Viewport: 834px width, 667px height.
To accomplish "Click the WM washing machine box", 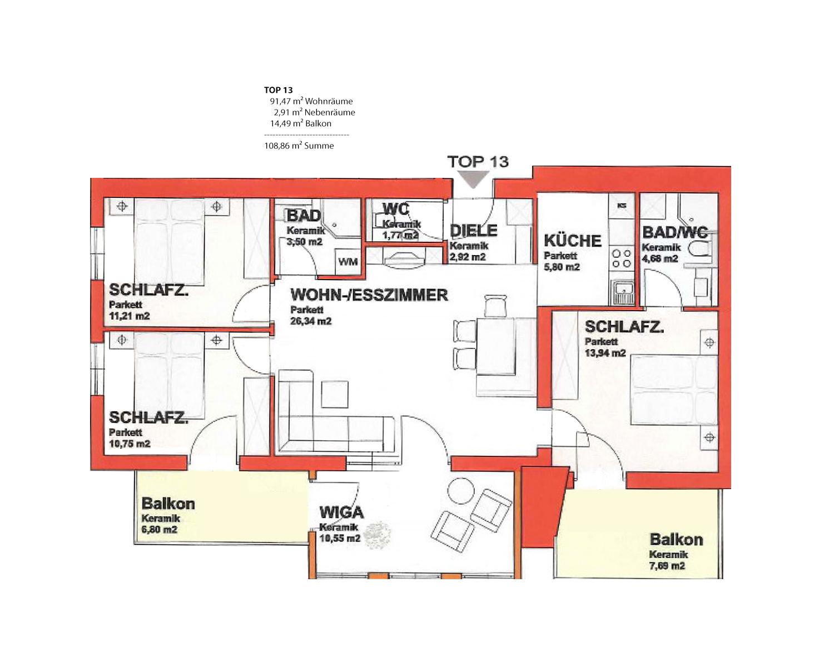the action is tap(348, 262).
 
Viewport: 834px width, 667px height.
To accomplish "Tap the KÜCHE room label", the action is tap(573, 241).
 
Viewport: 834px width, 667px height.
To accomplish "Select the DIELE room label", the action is tap(474, 231).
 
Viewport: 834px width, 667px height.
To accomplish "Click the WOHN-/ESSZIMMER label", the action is tap(369, 295).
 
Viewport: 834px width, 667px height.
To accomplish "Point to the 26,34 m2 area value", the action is tap(311, 321).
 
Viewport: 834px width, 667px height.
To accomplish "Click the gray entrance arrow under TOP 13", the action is tap(473, 180).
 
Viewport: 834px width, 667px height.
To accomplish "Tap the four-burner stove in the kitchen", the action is tap(621, 258).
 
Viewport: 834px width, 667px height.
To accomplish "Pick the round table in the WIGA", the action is tap(461, 490).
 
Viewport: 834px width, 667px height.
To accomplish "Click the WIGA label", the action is tap(341, 512).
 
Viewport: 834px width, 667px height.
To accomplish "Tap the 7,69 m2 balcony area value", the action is tap(667, 565).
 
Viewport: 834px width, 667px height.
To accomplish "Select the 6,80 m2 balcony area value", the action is tap(159, 529).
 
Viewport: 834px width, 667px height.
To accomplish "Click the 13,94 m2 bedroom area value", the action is tap(605, 353).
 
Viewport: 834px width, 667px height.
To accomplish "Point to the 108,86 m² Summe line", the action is tap(299, 146).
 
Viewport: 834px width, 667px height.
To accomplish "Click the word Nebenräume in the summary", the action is tap(329, 113).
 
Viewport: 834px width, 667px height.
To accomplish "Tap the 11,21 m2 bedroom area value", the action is tap(129, 316).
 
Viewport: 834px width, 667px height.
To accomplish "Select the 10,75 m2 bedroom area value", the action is tap(130, 444).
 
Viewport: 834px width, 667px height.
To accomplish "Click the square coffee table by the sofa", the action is tap(335, 394).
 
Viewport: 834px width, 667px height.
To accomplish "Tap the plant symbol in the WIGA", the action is tap(378, 535).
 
